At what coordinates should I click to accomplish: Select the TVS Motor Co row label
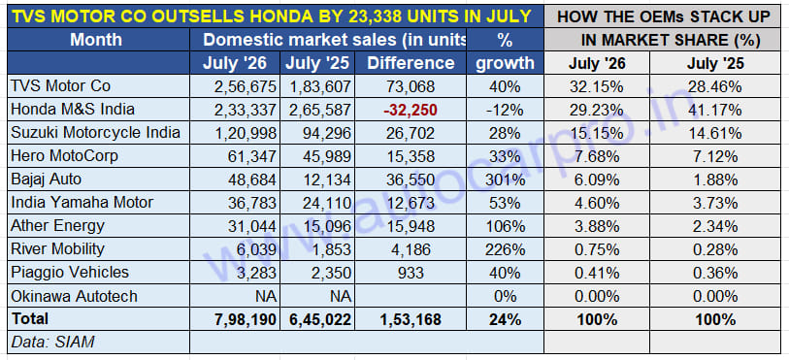tap(60, 86)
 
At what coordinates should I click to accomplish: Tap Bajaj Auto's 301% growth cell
tap(505, 180)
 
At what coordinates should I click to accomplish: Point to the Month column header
tap(96, 39)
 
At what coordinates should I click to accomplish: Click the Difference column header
tap(411, 63)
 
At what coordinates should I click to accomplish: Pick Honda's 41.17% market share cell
tap(714, 110)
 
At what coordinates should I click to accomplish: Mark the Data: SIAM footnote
tap(52, 343)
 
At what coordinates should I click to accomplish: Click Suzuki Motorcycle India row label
tap(95, 133)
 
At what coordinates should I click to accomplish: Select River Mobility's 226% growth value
tap(505, 248)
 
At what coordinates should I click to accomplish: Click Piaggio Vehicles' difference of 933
tap(411, 272)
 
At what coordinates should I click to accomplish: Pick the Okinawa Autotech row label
tap(74, 296)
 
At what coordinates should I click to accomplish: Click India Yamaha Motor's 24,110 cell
tap(321, 203)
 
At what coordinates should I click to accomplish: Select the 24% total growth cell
tap(505, 319)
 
